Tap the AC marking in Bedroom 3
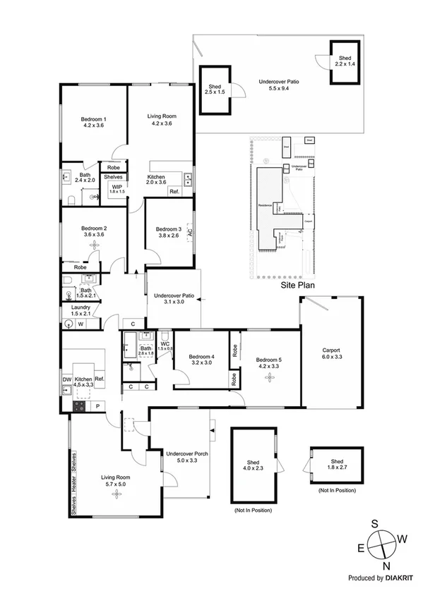tap(190, 231)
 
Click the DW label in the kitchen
tap(66, 380)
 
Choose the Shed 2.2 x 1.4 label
tap(345, 61)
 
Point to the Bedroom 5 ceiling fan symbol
tap(268, 377)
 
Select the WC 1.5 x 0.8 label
tap(165, 346)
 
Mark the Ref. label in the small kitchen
tap(174, 191)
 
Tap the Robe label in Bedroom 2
tap(80, 267)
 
